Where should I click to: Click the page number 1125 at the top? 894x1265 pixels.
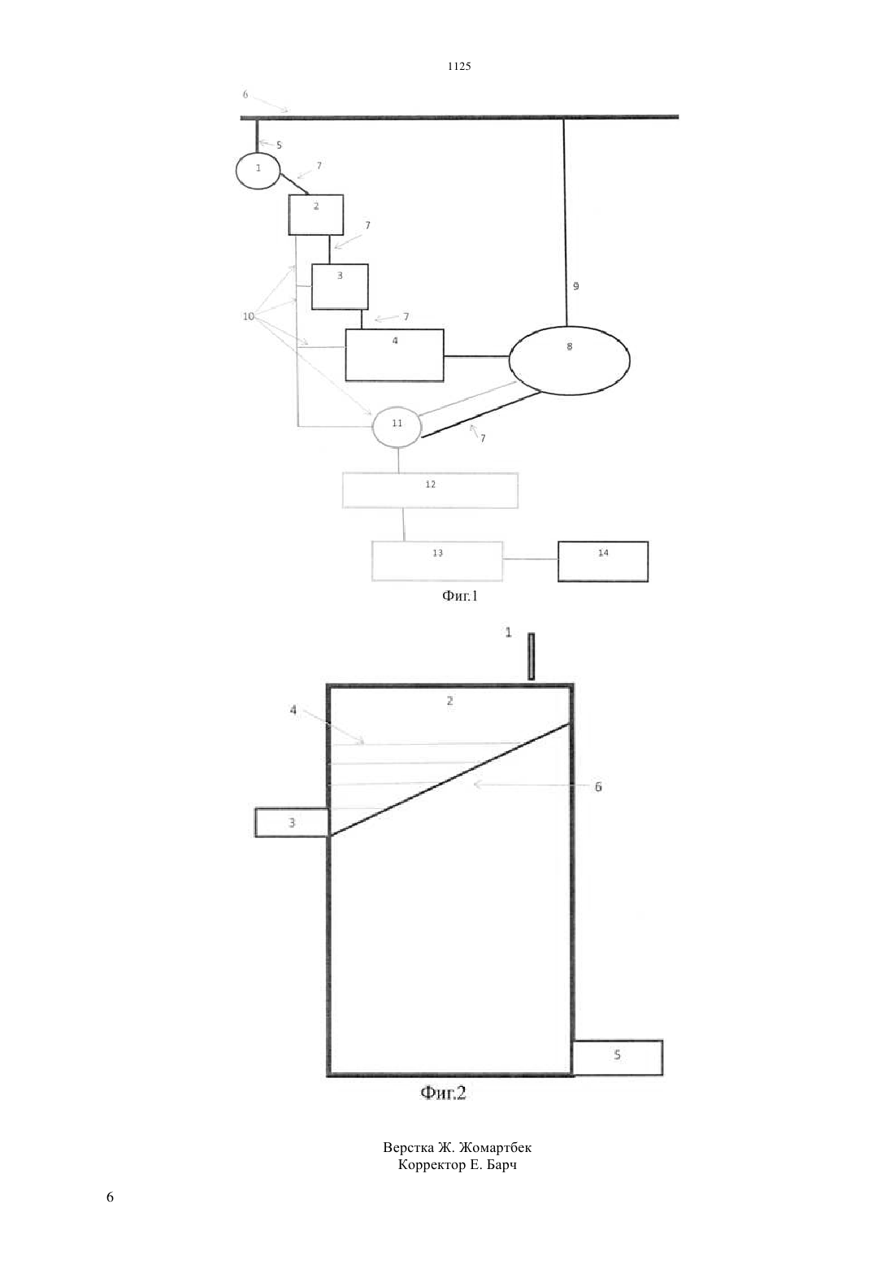pos(459,66)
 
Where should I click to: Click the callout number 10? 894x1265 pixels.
pos(249,316)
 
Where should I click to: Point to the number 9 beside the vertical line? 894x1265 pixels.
pos(575,286)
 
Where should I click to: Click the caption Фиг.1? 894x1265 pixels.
pos(459,596)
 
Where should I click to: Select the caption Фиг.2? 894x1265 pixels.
pos(443,1093)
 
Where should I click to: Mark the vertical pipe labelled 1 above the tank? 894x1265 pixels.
pos(531,656)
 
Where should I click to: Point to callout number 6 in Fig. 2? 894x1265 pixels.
pos(598,787)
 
